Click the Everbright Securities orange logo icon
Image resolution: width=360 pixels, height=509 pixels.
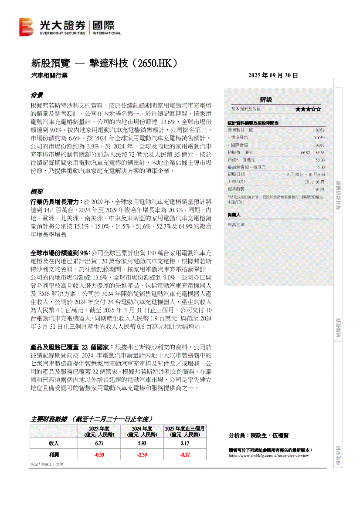tap(26, 27)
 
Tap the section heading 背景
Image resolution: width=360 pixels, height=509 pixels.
tap(37, 95)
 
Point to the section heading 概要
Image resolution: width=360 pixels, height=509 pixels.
tap(37, 192)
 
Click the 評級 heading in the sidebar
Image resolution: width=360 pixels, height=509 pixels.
tap(266, 100)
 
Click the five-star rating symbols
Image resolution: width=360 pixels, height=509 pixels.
tap(308, 109)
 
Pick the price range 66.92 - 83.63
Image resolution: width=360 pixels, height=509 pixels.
tap(312, 152)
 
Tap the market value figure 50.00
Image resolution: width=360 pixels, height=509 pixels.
tap(320, 160)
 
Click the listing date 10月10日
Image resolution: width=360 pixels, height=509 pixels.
tap(315, 182)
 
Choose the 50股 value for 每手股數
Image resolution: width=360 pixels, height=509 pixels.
tap(320, 189)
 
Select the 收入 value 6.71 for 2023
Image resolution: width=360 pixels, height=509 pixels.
tap(99, 443)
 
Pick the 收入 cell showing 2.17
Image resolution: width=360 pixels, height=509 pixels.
tap(185, 443)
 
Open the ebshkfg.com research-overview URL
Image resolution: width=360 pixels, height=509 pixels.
tap(268, 455)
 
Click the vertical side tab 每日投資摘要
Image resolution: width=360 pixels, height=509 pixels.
tap(338, 196)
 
